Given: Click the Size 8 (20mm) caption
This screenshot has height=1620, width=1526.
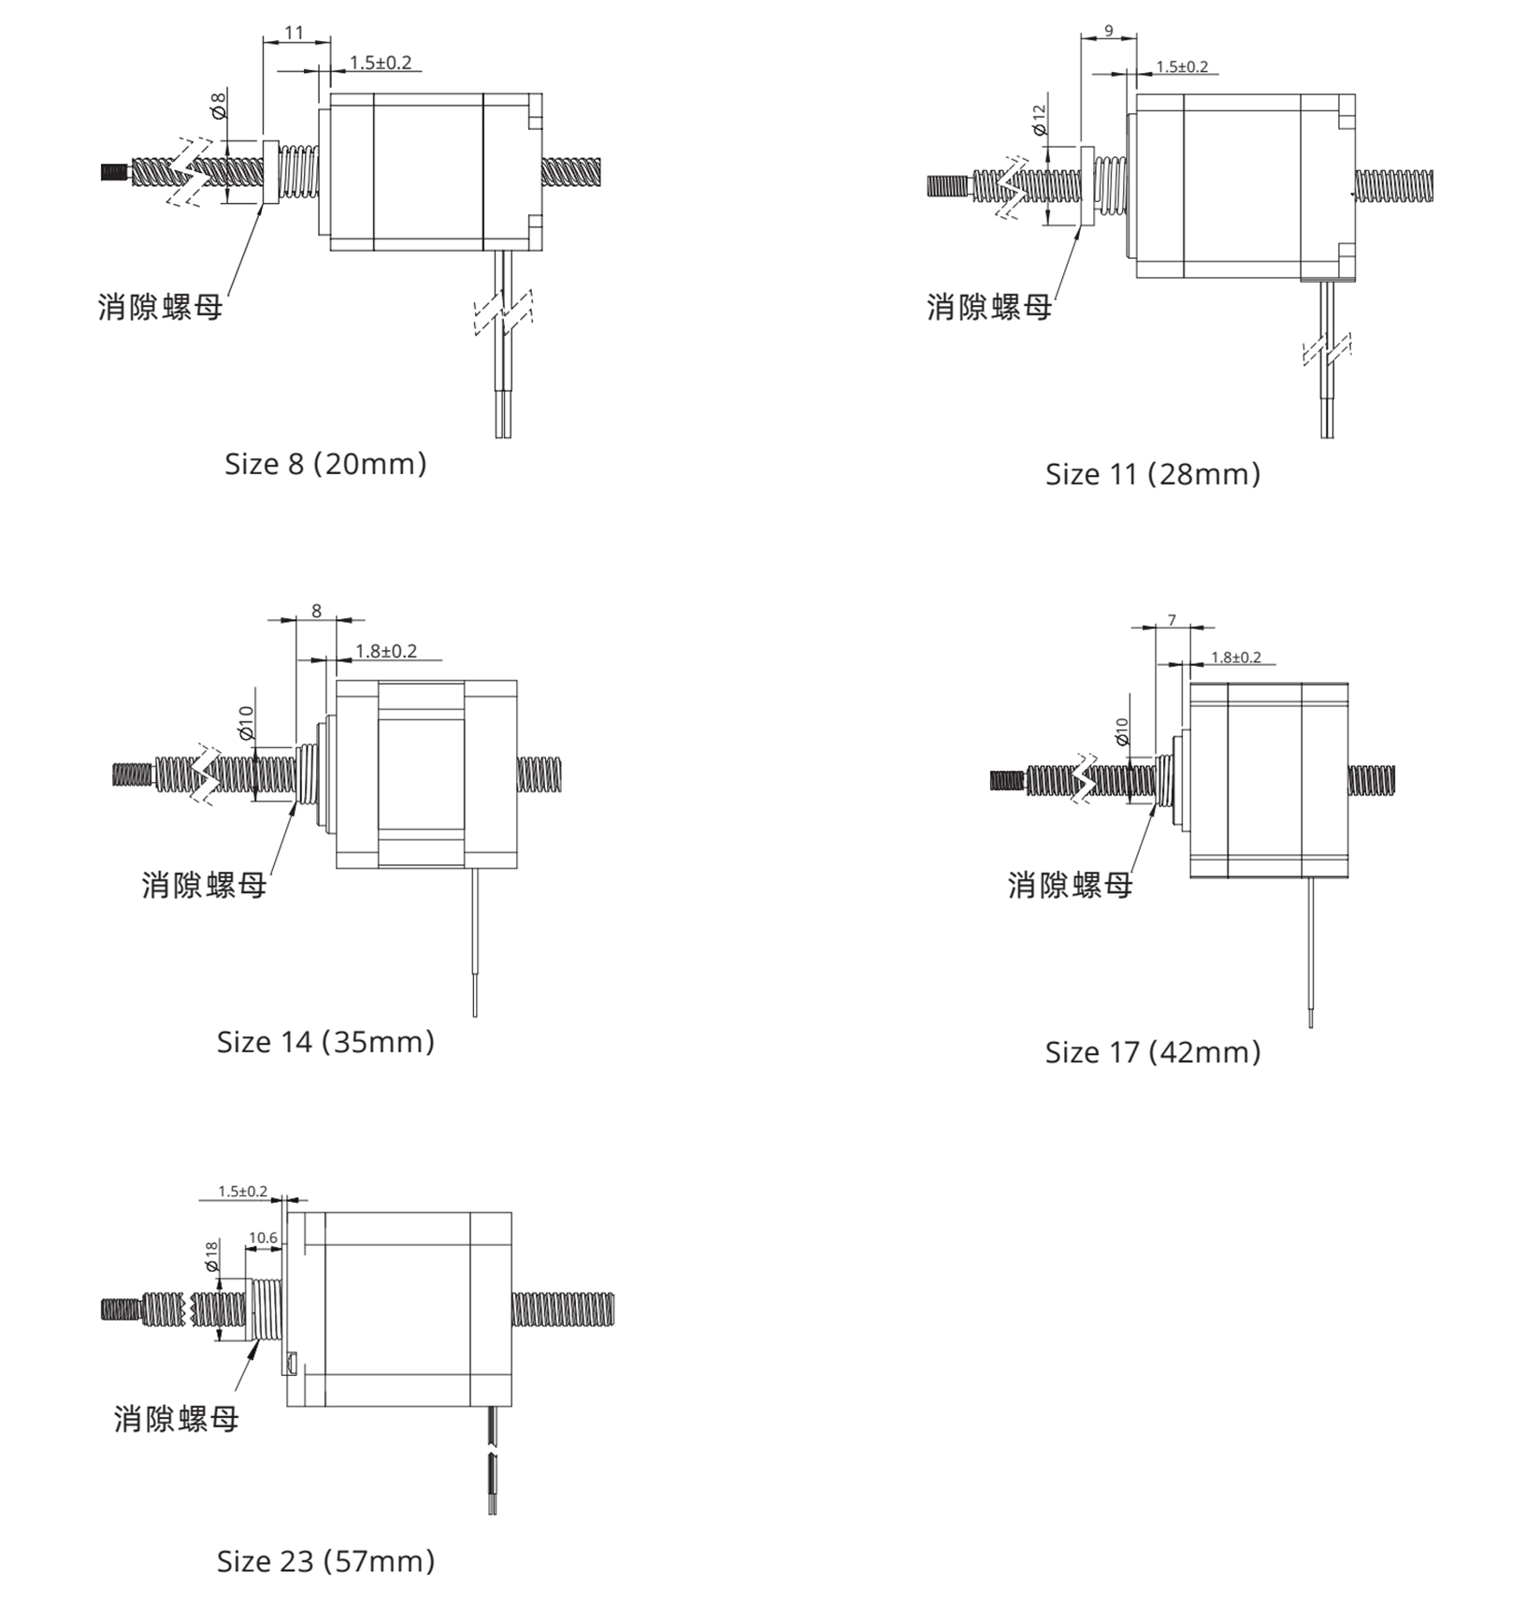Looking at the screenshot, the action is tap(325, 464).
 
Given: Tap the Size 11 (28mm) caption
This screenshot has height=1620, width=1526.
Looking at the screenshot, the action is tap(1153, 474).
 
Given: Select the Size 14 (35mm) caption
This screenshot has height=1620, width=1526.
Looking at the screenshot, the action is tap(325, 1042).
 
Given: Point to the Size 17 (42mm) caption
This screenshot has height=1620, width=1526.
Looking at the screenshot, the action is tap(1153, 1052).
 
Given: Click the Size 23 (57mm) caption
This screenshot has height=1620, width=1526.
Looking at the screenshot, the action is tap(325, 1561).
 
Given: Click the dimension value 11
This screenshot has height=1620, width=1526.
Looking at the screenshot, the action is tap(295, 33).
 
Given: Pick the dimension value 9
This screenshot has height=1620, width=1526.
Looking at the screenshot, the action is tap(1109, 31).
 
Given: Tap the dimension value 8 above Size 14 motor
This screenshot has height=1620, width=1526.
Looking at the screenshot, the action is tap(316, 611).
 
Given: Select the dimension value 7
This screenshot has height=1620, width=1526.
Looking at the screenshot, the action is tap(1172, 620).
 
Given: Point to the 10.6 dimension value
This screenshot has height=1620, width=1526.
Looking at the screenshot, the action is tap(263, 1237).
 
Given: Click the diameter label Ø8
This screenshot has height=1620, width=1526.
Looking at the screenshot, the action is tap(219, 105).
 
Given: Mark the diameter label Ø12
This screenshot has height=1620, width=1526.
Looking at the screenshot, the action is tap(1039, 121).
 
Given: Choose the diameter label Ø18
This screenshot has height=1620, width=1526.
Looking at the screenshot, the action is tap(210, 1256).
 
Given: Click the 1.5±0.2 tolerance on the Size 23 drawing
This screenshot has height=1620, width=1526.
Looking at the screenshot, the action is tap(243, 1192).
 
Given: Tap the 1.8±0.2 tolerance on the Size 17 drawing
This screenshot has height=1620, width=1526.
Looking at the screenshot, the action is tap(1236, 658).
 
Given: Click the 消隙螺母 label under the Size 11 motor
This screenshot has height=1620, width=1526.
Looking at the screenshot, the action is tap(989, 307).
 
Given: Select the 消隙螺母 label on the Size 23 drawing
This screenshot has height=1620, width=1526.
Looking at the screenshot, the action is tap(177, 1419).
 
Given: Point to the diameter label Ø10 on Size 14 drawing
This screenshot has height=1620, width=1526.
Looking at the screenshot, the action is tap(246, 723).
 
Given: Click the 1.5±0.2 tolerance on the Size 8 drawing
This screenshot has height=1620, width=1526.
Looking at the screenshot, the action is tap(381, 63).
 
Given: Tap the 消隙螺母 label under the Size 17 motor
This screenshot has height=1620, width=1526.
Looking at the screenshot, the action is tap(1071, 885).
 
